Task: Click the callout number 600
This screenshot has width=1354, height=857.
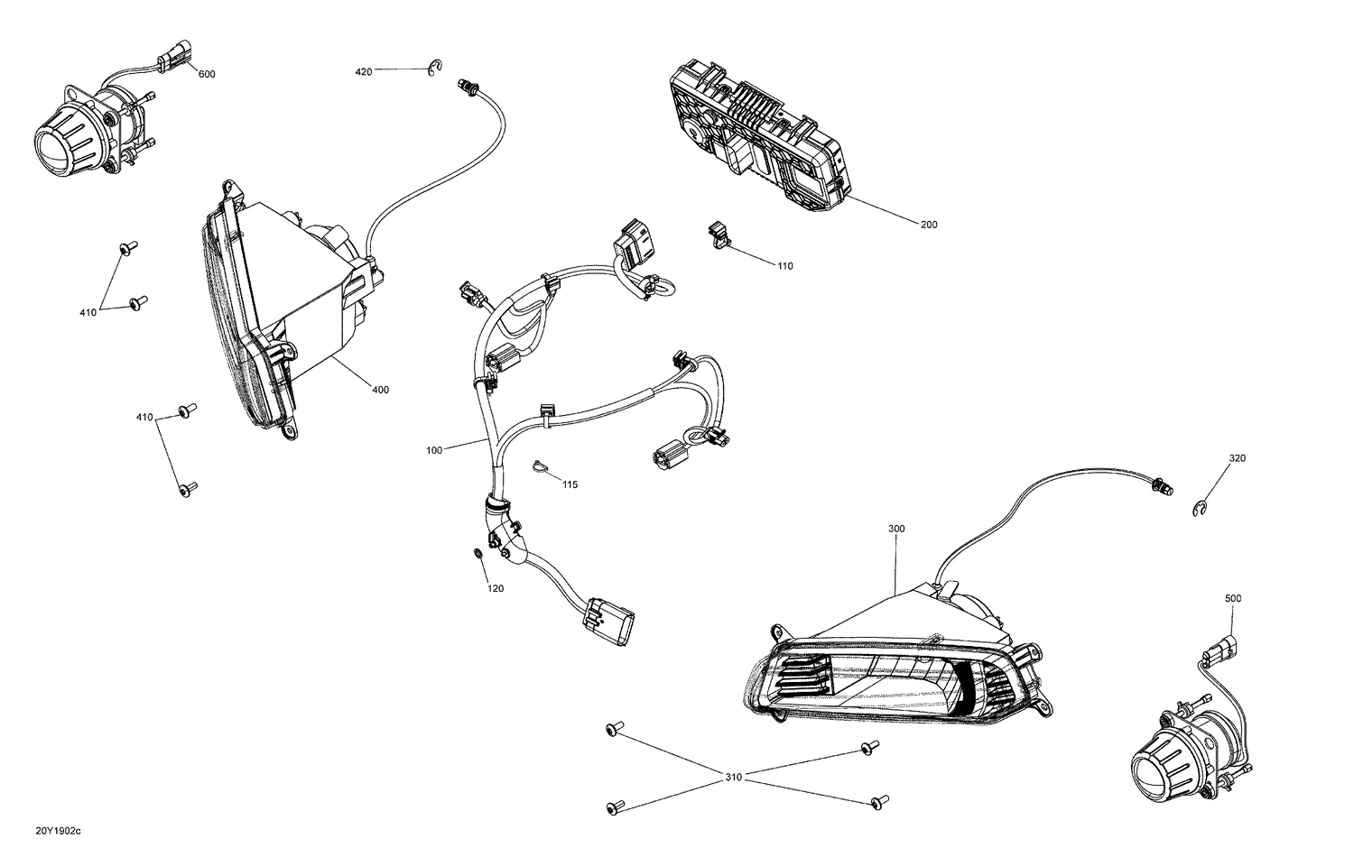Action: (x=206, y=74)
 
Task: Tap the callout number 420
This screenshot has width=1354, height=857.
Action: (x=363, y=71)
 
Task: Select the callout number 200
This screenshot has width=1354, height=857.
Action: (x=928, y=225)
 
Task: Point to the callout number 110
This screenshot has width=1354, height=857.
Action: (x=784, y=266)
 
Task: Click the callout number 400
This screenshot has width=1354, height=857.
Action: (x=380, y=390)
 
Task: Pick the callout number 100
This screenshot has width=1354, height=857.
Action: (x=434, y=449)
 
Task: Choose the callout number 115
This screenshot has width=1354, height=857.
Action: (x=570, y=484)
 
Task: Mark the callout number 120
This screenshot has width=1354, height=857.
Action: (x=496, y=588)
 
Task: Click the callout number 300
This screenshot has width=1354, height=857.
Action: (x=895, y=529)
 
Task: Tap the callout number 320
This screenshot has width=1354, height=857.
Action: (x=1236, y=458)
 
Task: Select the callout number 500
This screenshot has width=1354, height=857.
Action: (x=1233, y=598)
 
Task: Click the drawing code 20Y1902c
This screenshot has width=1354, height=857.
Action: (x=58, y=829)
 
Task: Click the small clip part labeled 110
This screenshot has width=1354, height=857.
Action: (x=719, y=234)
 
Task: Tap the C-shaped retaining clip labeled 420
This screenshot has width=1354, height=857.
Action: (x=435, y=67)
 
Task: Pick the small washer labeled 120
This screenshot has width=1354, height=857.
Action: (x=476, y=552)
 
